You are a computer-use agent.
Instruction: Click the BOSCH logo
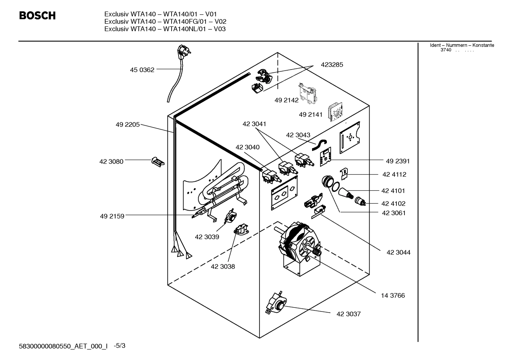coord(37,16)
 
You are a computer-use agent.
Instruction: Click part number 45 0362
coord(142,70)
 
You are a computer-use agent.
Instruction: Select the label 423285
coord(331,65)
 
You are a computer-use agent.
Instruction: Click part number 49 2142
coord(286,100)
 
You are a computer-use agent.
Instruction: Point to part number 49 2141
coord(310,115)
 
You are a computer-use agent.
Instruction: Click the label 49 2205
coord(127,125)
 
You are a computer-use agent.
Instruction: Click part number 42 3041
coord(254,124)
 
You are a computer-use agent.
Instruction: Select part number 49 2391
coord(397,161)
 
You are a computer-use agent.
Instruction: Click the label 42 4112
coord(394,175)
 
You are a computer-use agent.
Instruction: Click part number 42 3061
coord(394,213)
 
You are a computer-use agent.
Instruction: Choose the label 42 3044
coord(398,253)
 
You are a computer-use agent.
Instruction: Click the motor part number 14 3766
coord(393,296)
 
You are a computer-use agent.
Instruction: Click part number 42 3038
coord(223,267)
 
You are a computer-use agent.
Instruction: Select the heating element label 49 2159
coord(112,216)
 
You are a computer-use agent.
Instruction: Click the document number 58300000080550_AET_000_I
coord(63,347)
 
